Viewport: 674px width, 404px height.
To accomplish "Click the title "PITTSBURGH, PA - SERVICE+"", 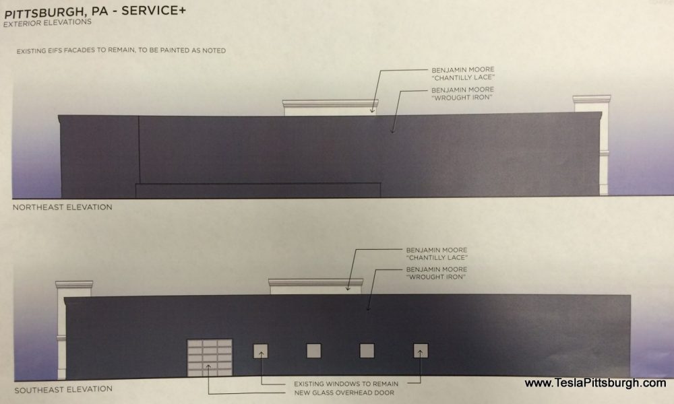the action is coord(94,11).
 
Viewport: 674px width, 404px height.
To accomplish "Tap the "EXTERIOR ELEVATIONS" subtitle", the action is coord(47,22).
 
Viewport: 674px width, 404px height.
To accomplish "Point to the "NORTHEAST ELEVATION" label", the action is coord(62,207).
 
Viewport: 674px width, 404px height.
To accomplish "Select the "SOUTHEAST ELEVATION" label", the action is coord(63,389).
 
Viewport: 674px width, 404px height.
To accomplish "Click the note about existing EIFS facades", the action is coord(121,50).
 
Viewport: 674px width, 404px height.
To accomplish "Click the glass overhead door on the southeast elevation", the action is coord(210,358).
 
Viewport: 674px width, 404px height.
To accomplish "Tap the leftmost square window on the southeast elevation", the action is coord(260,351).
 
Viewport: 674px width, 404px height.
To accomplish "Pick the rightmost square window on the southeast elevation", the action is coord(421,350).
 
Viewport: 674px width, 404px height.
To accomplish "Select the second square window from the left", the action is coord(314,351).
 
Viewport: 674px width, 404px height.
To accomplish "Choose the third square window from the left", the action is coord(367,350).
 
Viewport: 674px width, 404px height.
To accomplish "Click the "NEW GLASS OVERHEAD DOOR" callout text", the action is coord(344,393).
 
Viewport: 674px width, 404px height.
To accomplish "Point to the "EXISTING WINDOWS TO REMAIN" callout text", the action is coord(346,384).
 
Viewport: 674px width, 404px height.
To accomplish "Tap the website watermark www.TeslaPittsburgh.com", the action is coord(595,383).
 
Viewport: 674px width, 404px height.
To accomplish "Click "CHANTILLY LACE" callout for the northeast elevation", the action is coord(463,73).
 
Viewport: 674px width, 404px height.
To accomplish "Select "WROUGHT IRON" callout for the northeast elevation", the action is coord(462,94).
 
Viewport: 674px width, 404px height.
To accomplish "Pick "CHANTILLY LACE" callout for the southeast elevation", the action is coord(437,254).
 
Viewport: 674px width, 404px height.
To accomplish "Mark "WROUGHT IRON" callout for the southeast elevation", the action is coord(436,273).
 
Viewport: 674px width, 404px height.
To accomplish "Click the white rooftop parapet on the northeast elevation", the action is coord(330,107).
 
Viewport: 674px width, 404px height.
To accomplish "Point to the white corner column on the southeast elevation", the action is coord(69,331).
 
